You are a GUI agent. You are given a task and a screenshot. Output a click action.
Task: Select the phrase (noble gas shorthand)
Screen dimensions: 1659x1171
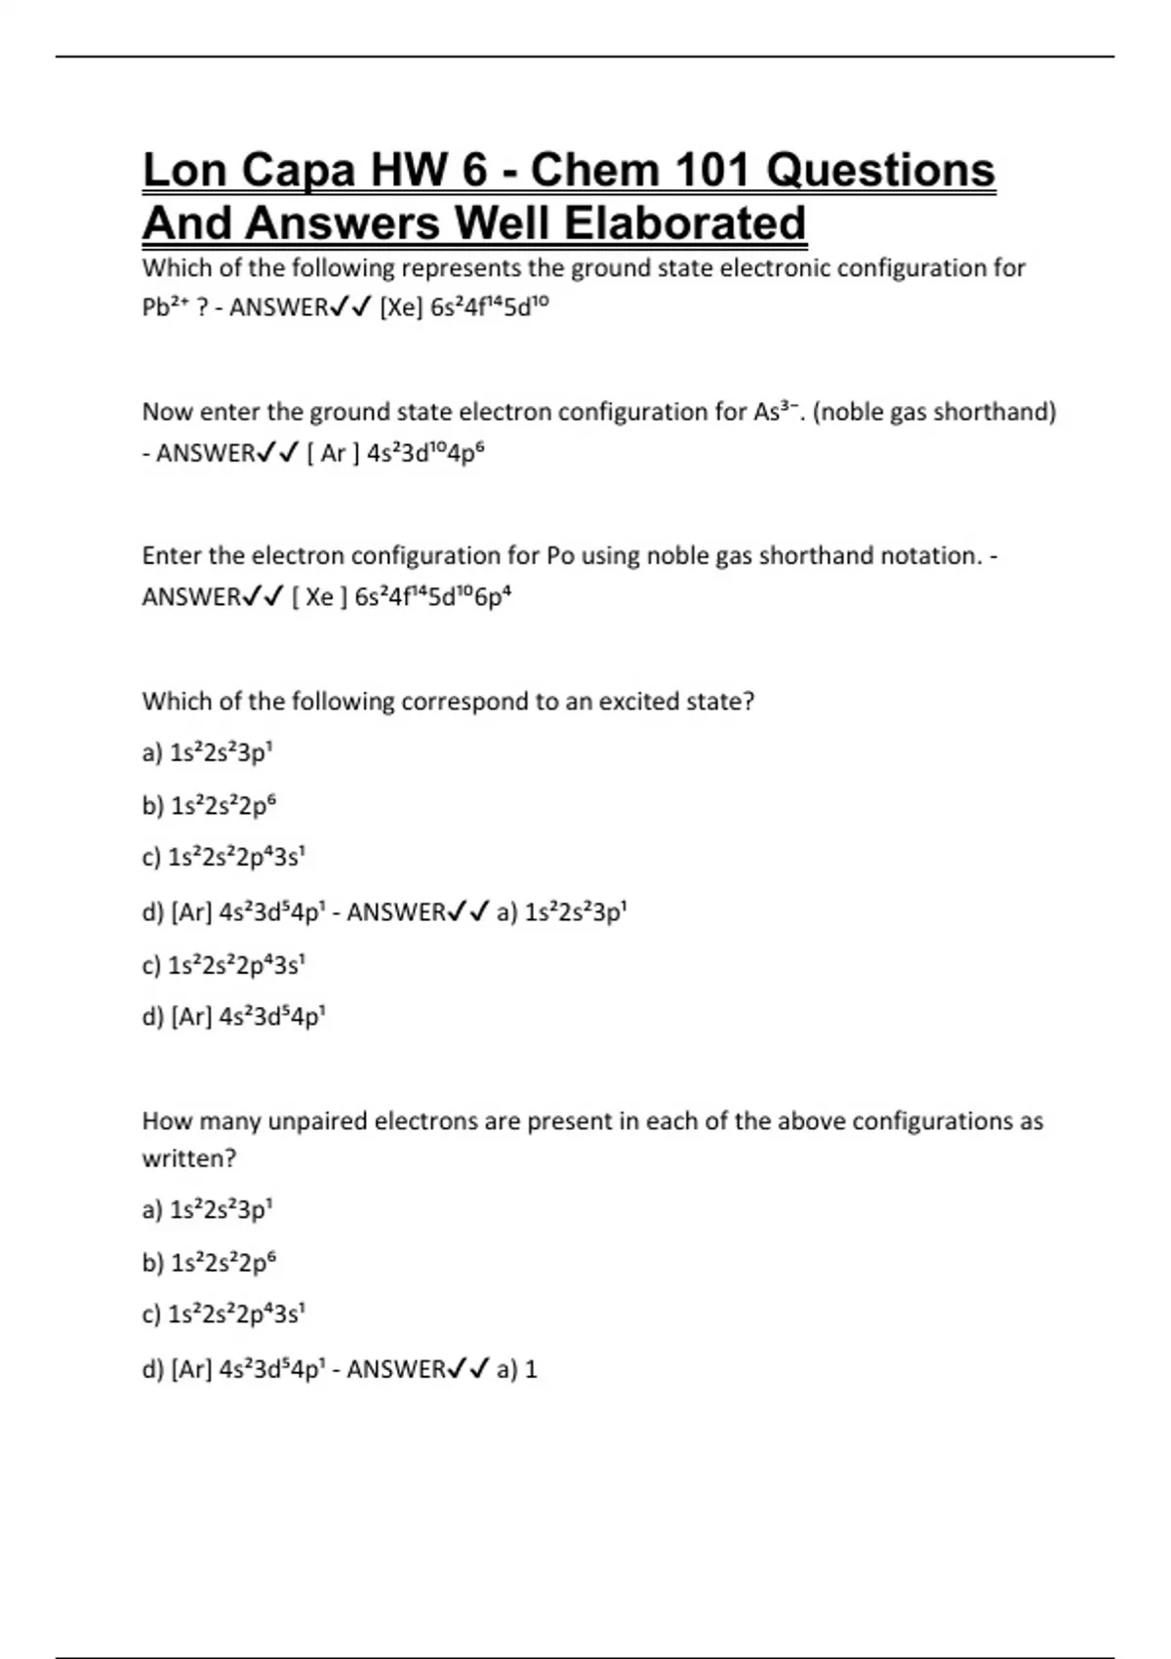coord(934,412)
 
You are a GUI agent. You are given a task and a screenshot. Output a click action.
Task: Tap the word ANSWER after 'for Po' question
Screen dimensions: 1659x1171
coord(191,596)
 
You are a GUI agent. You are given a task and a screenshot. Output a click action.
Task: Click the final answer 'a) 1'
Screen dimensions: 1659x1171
coord(517,1369)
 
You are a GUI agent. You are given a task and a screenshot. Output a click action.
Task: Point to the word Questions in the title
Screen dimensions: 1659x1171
coord(880,171)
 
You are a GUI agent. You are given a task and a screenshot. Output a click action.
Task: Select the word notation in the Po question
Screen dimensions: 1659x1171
coord(930,556)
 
